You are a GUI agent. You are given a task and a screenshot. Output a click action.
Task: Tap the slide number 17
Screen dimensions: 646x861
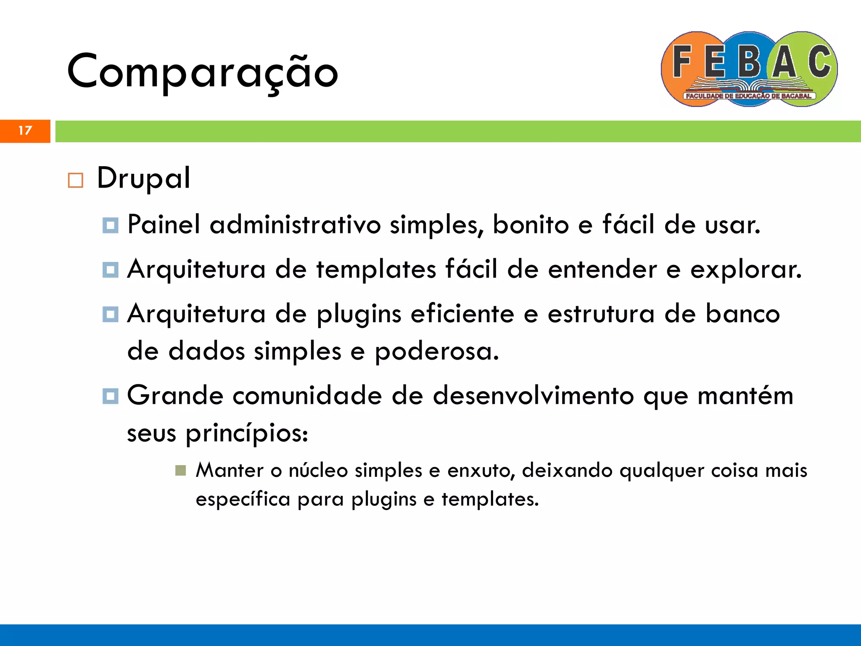tap(25, 131)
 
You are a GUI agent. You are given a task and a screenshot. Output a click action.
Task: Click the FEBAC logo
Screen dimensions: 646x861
tap(749, 69)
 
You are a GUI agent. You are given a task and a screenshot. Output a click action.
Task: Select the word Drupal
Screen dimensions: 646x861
tap(143, 178)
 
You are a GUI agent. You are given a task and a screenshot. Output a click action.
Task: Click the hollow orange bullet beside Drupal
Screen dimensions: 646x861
tap(75, 180)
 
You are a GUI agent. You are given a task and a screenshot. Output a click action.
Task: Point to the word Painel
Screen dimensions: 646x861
tap(164, 224)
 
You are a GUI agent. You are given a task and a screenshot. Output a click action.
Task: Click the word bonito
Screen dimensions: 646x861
tap(531, 224)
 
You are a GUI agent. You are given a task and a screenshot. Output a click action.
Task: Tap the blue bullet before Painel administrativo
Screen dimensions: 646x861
tap(110, 225)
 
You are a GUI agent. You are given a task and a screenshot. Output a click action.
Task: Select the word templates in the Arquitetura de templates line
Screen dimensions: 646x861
tap(376, 269)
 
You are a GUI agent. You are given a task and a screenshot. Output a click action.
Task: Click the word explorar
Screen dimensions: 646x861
tap(746, 270)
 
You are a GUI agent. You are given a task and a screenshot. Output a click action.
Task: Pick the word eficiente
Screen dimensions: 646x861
tap(462, 314)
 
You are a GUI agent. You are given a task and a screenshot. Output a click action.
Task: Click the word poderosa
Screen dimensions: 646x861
tap(436, 352)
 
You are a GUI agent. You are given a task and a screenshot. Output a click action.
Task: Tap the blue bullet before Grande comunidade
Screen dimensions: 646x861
tap(110, 396)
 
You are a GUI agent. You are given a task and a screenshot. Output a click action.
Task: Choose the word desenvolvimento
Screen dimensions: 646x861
tap(533, 396)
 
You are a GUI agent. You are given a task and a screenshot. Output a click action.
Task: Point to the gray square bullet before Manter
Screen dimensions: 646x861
tap(180, 471)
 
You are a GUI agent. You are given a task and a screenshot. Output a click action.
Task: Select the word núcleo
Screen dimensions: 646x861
tap(318, 471)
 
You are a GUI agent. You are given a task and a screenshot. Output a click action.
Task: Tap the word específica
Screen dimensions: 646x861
tap(243, 500)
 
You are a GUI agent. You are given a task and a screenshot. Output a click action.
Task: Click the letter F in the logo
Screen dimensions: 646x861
tap(682, 62)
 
